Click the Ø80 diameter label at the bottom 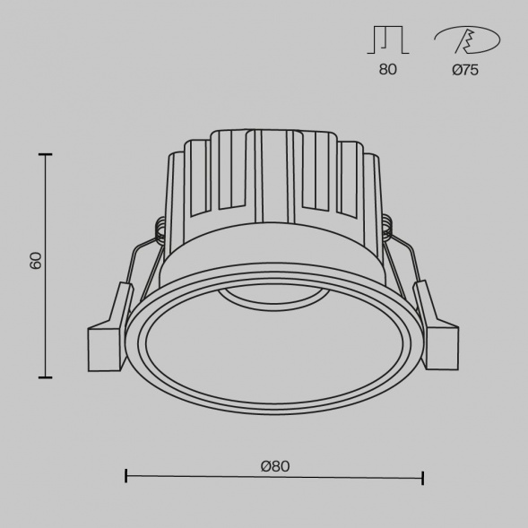click(275, 466)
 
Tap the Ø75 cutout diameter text click(464, 70)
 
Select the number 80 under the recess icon click(387, 70)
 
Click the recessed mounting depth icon click(387, 40)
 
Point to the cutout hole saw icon click(466, 40)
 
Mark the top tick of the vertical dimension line click(45, 155)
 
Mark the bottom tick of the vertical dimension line click(45, 377)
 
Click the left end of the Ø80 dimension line click(126, 476)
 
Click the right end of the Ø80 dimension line click(422, 476)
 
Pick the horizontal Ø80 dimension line click(273, 477)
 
